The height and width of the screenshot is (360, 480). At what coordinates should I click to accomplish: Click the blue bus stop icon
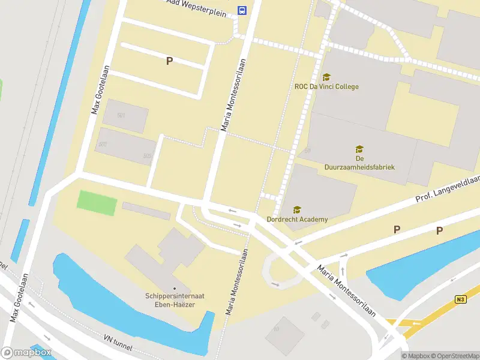click(242, 10)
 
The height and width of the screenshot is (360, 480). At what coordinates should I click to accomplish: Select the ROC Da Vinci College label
click(326, 86)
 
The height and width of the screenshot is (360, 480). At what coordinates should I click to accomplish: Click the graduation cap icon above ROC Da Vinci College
click(326, 77)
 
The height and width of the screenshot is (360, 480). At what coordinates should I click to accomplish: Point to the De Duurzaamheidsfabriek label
click(359, 163)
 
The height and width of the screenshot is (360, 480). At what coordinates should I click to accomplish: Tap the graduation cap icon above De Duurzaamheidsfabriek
click(359, 149)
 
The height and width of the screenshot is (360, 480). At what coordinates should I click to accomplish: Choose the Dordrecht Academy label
click(298, 220)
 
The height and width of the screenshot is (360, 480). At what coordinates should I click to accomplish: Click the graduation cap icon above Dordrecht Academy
click(296, 209)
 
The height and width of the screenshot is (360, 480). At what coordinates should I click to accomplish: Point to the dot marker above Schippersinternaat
click(174, 287)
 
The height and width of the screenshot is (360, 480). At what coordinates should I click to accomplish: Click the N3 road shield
click(460, 299)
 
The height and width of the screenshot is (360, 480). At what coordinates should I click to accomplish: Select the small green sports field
click(97, 203)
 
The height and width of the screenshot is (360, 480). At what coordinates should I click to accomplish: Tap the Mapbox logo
click(26, 352)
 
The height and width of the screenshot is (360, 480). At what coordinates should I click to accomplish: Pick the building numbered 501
click(122, 115)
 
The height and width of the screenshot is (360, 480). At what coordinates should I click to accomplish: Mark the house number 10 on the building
click(277, 329)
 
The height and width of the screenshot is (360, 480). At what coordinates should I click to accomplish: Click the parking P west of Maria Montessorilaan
click(169, 61)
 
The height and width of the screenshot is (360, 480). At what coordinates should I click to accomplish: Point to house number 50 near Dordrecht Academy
click(307, 151)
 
